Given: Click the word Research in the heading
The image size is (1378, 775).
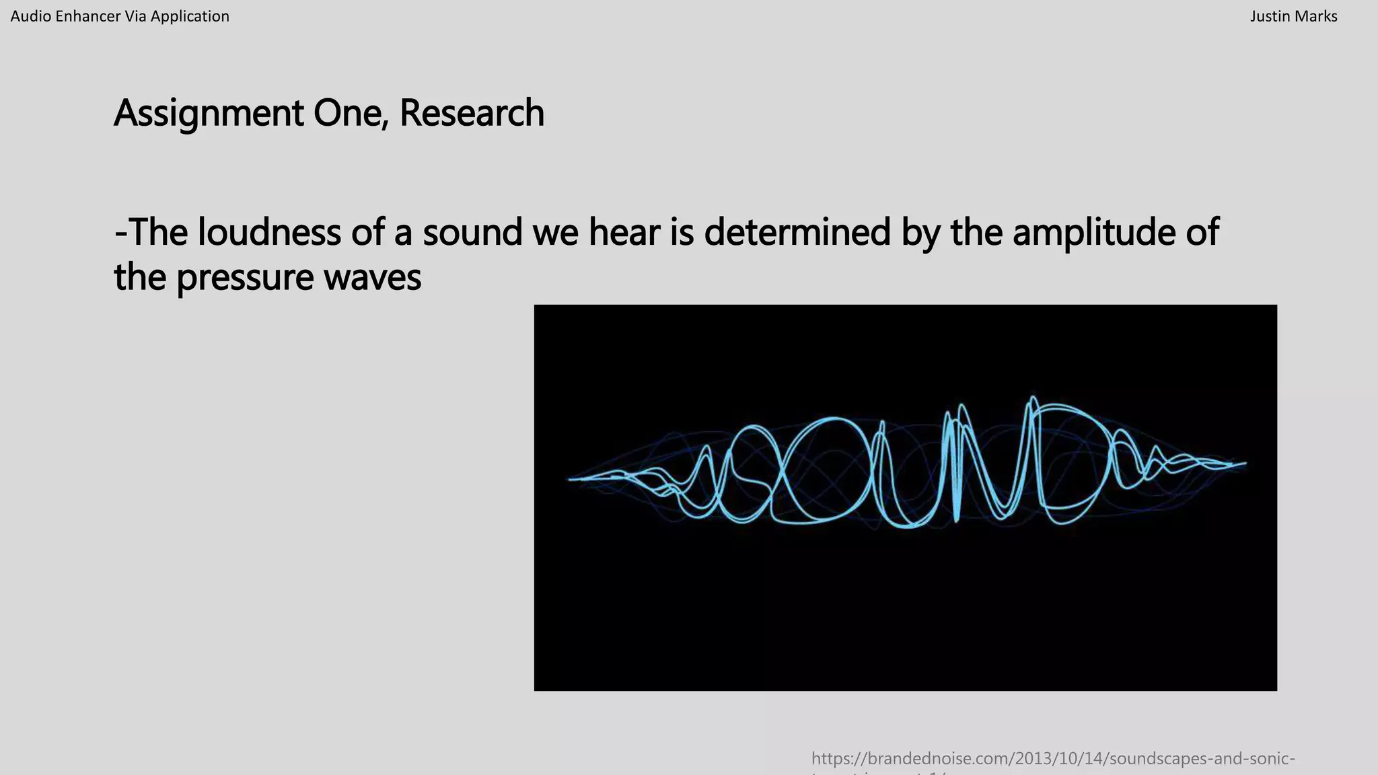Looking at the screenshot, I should click(x=472, y=112).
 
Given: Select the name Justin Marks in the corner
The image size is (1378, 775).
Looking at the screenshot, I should click(x=1293, y=16).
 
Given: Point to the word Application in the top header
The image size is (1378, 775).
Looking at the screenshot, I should click(x=190, y=16).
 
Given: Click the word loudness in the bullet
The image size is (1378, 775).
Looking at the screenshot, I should click(x=269, y=231).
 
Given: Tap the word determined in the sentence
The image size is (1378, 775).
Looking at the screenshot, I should click(x=797, y=231).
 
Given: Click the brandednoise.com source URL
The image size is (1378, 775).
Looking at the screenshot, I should click(x=1052, y=760).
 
